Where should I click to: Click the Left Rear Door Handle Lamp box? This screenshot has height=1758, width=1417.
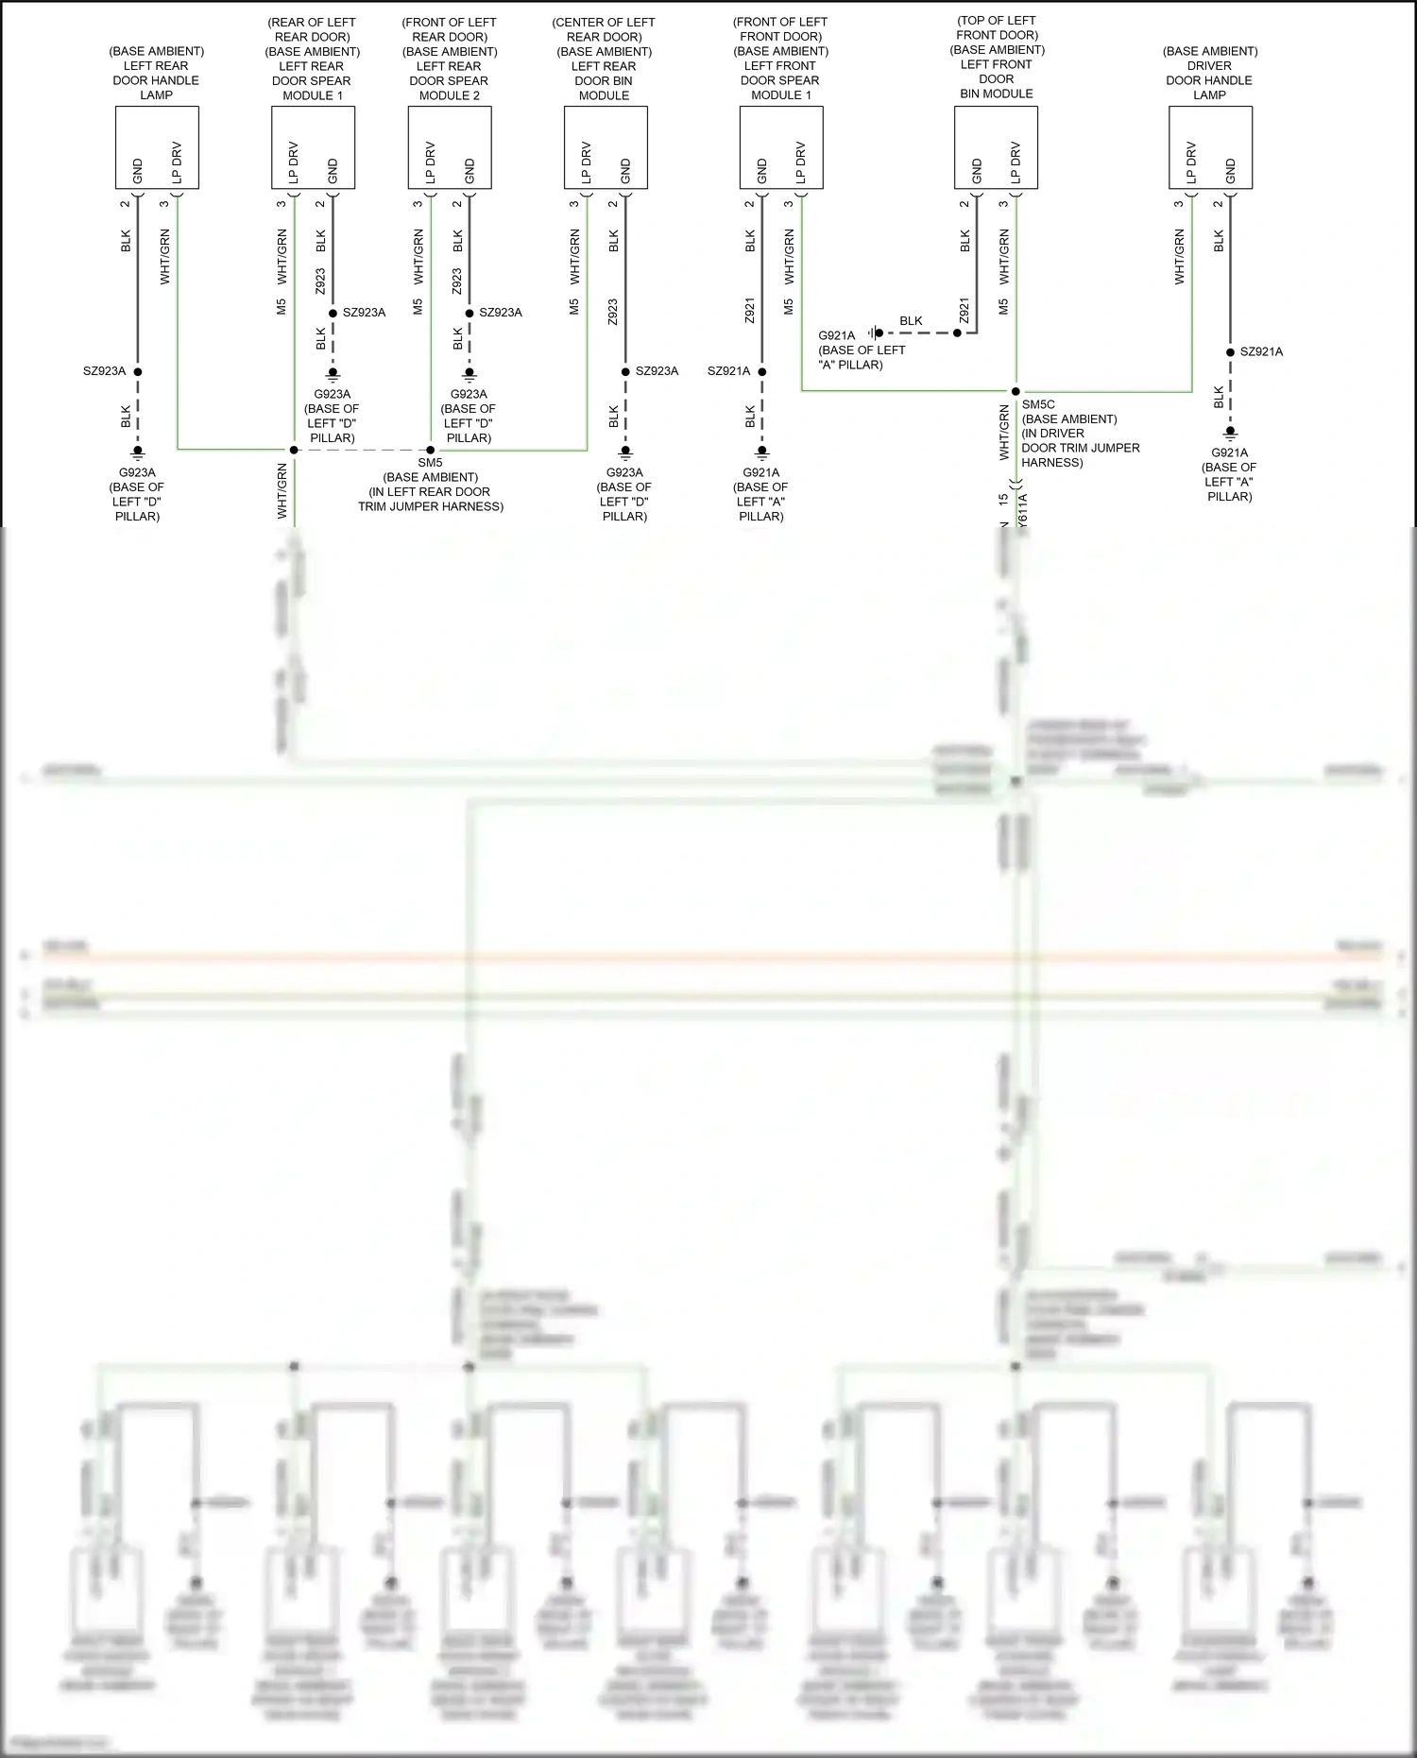coord(157,147)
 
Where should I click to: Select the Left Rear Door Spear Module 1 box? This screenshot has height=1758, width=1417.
coord(313,147)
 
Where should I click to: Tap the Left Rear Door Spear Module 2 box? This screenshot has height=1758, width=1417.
coord(450,147)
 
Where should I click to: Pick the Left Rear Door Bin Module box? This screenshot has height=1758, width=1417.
coord(606,147)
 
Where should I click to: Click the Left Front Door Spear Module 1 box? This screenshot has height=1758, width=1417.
coord(781,147)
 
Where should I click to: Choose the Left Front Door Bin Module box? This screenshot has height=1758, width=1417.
coord(996,147)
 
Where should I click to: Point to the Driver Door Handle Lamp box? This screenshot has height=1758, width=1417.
coord(1210,147)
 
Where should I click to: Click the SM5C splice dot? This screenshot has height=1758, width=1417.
coord(1016,391)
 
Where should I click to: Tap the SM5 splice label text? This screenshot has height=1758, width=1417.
coord(430,463)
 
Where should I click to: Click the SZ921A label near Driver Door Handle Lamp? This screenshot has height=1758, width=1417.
coord(1261,352)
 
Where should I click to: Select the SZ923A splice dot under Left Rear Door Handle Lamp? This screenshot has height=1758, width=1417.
coord(138,371)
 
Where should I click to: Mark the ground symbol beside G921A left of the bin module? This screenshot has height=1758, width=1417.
coord(875,333)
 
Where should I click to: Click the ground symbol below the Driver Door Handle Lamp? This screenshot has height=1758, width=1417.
coord(1230,434)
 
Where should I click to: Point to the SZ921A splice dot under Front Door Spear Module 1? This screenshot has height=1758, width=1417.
coord(762,371)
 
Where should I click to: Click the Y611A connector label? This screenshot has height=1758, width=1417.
coord(1023,510)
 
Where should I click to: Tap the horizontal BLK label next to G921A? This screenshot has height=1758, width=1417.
coord(911,321)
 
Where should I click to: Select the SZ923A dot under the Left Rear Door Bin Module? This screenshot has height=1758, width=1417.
coord(625,371)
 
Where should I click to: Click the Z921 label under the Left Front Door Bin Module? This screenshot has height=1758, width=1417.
coord(965,310)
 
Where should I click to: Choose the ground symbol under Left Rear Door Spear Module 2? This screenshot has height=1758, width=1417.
coord(469,375)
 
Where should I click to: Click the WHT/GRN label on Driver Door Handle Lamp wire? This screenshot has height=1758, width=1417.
coord(1179,257)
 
